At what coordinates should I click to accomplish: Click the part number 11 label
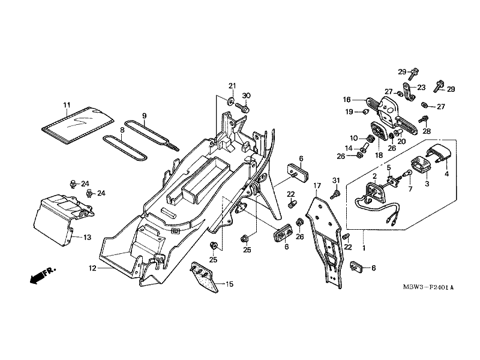coord(67,106)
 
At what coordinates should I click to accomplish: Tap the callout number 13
coord(87,238)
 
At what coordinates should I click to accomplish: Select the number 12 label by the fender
coord(93,268)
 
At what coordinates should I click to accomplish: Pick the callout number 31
coord(336,181)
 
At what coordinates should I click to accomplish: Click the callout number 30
coord(246,96)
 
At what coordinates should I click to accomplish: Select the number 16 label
coord(347,100)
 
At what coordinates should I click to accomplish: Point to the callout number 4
coord(446,174)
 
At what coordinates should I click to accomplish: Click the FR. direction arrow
coord(42,275)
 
